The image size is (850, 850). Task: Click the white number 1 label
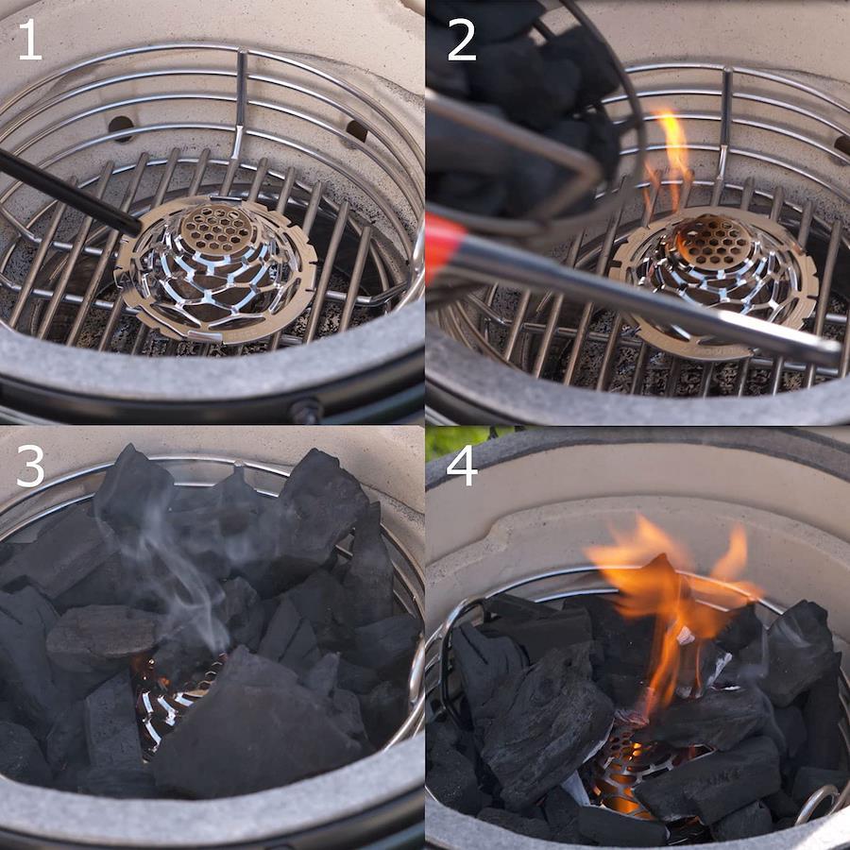click(x=30, y=41)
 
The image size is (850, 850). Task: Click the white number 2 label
click(x=461, y=41)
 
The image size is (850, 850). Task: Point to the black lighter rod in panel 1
click(x=68, y=193)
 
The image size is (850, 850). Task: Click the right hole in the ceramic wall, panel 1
click(x=356, y=131)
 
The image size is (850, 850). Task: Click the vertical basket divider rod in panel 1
click(x=240, y=103)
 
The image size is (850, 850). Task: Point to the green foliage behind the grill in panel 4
click(x=467, y=440)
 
